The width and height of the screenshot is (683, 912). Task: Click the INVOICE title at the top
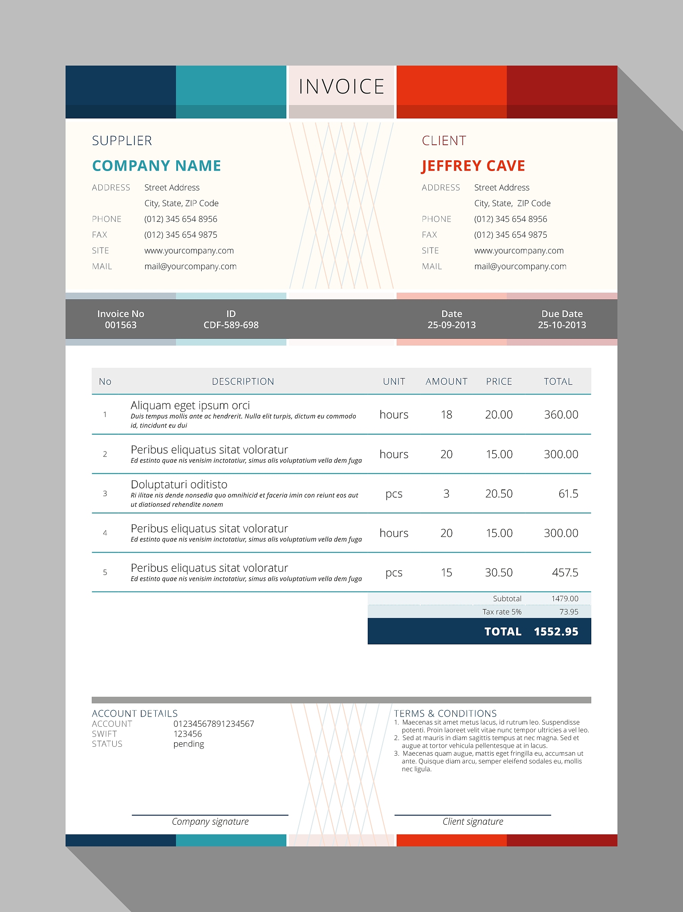pyautogui.click(x=341, y=86)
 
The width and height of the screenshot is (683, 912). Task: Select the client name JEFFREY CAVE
pyautogui.click(x=473, y=166)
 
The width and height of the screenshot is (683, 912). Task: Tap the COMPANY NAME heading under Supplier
pyautogui.click(x=156, y=166)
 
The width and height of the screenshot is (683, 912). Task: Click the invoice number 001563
pyautogui.click(x=121, y=325)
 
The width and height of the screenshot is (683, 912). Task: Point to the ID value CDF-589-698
pyautogui.click(x=231, y=325)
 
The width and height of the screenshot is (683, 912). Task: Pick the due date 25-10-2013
pyautogui.click(x=562, y=325)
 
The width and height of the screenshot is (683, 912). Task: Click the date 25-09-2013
pyautogui.click(x=451, y=325)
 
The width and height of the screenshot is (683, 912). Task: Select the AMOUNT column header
pyautogui.click(x=446, y=382)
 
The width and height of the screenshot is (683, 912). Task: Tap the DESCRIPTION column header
pyautogui.click(x=243, y=382)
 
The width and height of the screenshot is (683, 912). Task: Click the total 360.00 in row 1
pyautogui.click(x=561, y=415)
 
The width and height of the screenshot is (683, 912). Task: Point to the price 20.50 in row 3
pyautogui.click(x=499, y=493)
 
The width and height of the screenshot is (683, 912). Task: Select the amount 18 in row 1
pyautogui.click(x=446, y=415)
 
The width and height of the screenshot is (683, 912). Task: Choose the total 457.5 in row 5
pyautogui.click(x=565, y=572)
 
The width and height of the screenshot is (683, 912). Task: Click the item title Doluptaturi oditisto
pyautogui.click(x=179, y=484)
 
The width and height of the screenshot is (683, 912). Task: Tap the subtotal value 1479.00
pyautogui.click(x=565, y=598)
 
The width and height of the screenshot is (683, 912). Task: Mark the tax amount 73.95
pyautogui.click(x=569, y=612)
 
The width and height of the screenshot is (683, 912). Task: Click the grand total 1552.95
pyautogui.click(x=556, y=631)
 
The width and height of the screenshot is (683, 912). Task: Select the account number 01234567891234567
pyautogui.click(x=214, y=724)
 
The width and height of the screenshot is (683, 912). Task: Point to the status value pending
pyautogui.click(x=189, y=744)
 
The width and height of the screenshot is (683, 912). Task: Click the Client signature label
pyautogui.click(x=473, y=822)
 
